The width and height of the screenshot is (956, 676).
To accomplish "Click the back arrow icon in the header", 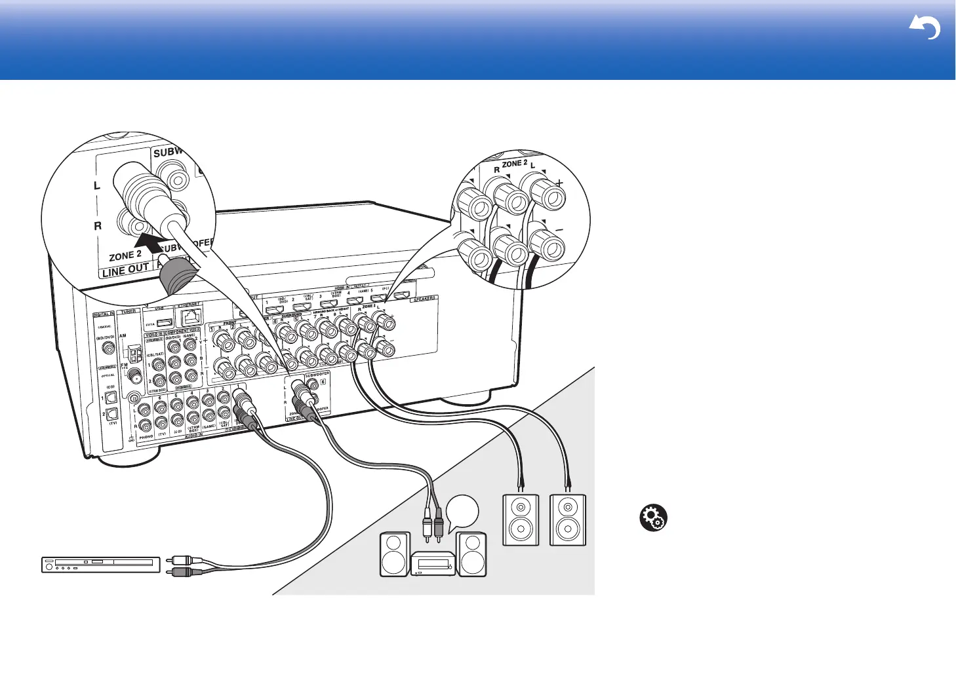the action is pyautogui.click(x=925, y=28).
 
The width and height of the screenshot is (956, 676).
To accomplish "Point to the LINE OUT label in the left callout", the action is pyautogui.click(x=126, y=269).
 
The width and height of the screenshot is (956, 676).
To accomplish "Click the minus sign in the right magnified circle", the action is pyautogui.click(x=559, y=231).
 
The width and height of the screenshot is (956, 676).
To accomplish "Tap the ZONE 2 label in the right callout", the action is pyautogui.click(x=515, y=163).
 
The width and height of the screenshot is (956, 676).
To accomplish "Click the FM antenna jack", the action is pyautogui.click(x=136, y=376).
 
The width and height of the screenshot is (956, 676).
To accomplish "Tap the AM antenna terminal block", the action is pyautogui.click(x=136, y=354).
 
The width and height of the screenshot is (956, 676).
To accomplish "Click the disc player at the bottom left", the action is pyautogui.click(x=101, y=564).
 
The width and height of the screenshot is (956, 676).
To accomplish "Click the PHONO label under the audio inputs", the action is pyautogui.click(x=146, y=436).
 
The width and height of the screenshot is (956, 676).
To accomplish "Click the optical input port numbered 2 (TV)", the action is pyautogui.click(x=111, y=413).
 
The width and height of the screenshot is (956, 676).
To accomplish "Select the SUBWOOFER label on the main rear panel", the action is pyautogui.click(x=317, y=375).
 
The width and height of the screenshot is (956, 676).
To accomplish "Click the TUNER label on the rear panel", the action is pyautogui.click(x=129, y=312).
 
